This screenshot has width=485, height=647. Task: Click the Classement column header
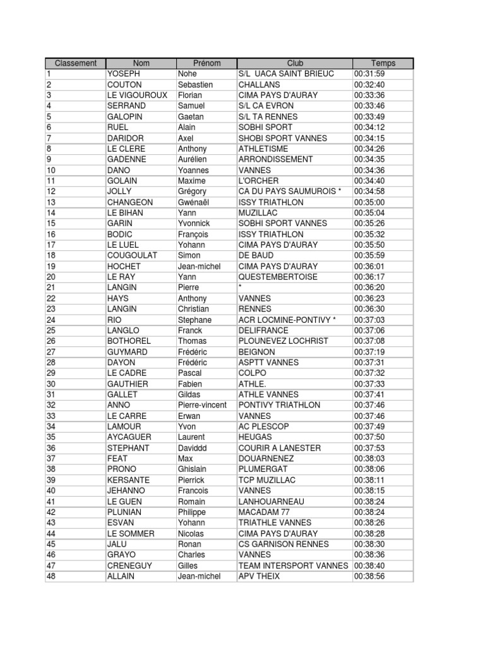(x=75, y=63)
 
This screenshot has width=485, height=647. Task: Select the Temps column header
(x=383, y=63)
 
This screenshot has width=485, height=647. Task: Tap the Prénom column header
(x=207, y=63)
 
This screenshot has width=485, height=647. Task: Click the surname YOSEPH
(x=124, y=74)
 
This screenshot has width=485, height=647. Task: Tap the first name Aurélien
(x=193, y=159)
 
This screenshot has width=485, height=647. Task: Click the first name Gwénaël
(x=194, y=202)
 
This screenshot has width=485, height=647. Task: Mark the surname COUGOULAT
(x=132, y=255)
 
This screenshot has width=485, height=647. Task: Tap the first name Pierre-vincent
(x=202, y=405)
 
